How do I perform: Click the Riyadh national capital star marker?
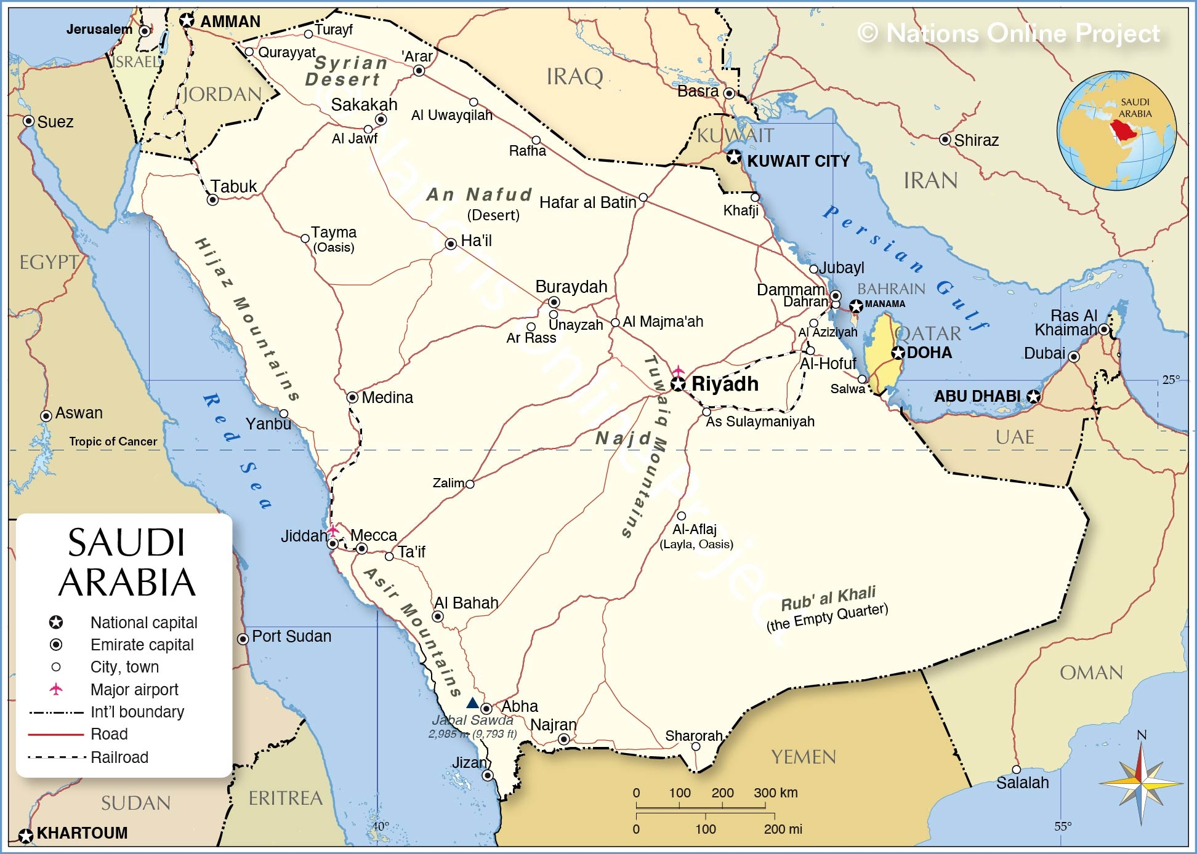[x=678, y=385]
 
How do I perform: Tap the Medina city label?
[x=387, y=397]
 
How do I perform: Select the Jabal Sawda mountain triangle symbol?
[x=472, y=703]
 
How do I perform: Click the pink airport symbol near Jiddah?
[x=333, y=530]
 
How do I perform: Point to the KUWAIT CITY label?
[x=798, y=161]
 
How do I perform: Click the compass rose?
[x=1141, y=783]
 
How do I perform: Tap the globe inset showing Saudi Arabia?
[x=1116, y=130]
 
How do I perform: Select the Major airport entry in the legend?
[x=134, y=690]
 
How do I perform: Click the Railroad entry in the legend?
[x=119, y=757]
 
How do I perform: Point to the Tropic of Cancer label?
[x=113, y=441]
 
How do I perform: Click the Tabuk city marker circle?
[x=212, y=200]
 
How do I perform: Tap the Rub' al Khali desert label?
[x=828, y=597]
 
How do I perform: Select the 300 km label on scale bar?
[x=775, y=792]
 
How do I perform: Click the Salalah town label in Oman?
[x=1022, y=783]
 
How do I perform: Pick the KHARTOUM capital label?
[x=82, y=833]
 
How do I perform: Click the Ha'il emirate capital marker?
[x=451, y=244]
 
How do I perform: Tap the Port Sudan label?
[x=291, y=636]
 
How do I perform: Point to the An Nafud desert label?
[x=479, y=195]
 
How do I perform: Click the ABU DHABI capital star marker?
[x=1034, y=397]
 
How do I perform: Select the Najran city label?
[x=553, y=725]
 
